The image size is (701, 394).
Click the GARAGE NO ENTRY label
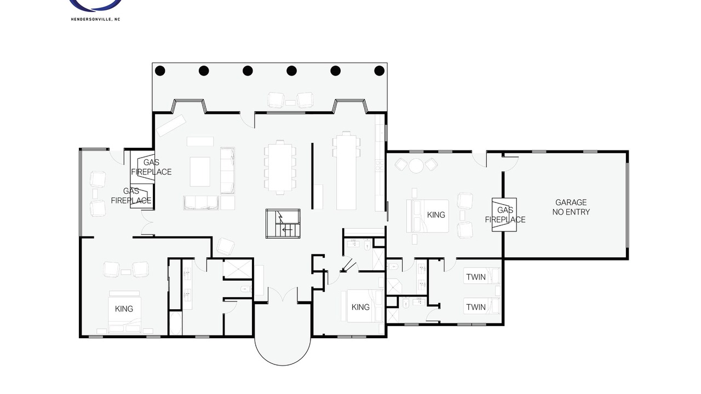click(x=571, y=207)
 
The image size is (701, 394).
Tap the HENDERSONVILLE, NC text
click(x=95, y=19)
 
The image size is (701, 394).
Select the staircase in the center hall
click(x=283, y=224)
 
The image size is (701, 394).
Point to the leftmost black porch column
click(x=160, y=71)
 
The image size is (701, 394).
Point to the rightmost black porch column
click(x=380, y=71)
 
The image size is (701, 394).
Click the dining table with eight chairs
click(x=280, y=167)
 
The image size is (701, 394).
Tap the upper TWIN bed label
click(x=476, y=277)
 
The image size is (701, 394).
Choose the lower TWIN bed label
click(x=476, y=307)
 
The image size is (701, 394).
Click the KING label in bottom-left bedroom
click(x=124, y=309)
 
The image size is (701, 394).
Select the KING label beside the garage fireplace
click(x=436, y=215)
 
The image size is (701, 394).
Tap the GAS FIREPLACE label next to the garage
click(x=505, y=215)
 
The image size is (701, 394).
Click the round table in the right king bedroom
click(x=416, y=165)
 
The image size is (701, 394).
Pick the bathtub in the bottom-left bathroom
click(x=175, y=323)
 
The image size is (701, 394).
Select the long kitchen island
click(x=346, y=172)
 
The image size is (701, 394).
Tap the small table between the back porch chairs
click(x=290, y=102)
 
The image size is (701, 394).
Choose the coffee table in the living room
click(x=200, y=172)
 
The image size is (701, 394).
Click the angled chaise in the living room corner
click(x=171, y=125)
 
